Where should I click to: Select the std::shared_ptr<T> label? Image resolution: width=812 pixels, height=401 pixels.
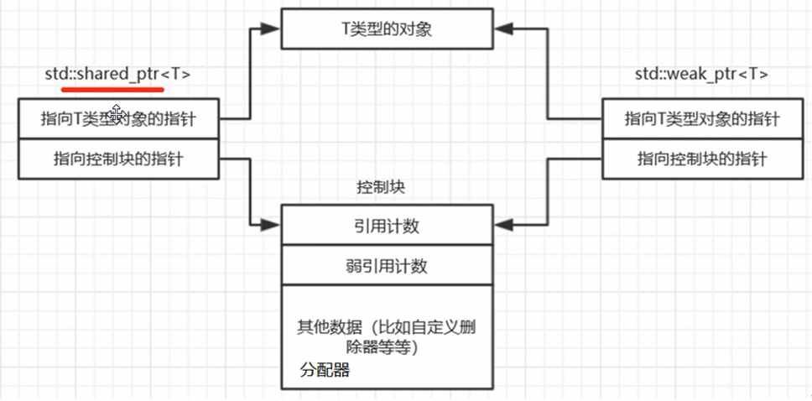117,74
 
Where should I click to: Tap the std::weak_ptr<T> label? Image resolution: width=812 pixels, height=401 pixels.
701,74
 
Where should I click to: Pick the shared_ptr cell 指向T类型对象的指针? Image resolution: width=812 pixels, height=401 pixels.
117,118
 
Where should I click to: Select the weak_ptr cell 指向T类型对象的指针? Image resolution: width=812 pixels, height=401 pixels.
702,118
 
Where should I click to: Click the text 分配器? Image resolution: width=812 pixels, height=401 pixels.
325,370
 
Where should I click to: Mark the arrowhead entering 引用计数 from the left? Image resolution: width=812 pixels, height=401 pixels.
270,225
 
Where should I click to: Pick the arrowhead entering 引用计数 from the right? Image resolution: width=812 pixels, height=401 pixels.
502,225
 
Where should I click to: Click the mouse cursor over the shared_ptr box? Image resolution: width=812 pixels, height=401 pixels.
116,112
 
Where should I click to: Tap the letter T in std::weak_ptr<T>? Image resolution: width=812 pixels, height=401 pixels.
756,74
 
